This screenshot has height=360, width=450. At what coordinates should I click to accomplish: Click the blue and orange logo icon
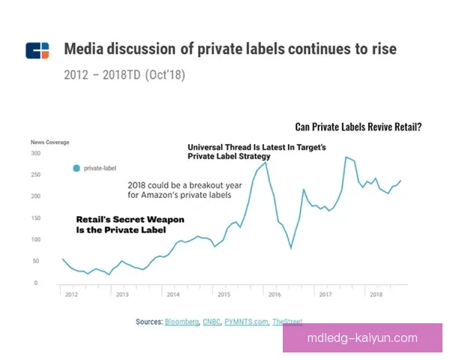tap(37, 50)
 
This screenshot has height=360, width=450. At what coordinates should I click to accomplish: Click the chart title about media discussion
tap(230, 49)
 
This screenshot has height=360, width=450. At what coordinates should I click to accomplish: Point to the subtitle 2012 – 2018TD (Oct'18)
tap(124, 75)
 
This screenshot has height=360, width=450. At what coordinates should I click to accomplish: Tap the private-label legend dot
tap(76, 169)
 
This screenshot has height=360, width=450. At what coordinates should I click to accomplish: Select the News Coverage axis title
tap(49, 142)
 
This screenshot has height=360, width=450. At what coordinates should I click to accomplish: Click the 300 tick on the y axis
tap(34, 153)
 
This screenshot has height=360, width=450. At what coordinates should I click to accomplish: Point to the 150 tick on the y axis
tap(34, 218)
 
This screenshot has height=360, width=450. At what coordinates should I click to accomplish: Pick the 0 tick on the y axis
tap(36, 283)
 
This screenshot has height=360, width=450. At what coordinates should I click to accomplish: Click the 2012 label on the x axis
tap(70, 295)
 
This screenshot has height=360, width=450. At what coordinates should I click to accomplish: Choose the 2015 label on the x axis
tap(223, 295)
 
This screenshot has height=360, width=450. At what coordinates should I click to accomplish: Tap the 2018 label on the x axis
tap(376, 295)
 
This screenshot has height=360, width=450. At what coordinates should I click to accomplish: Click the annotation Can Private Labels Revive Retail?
tap(358, 127)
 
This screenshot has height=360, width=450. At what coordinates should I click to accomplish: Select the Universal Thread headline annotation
tap(256, 152)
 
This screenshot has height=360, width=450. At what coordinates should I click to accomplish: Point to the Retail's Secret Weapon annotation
tap(130, 225)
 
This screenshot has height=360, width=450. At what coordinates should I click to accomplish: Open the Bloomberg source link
tap(181, 322)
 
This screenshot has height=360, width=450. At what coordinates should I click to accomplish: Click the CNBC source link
tap(211, 322)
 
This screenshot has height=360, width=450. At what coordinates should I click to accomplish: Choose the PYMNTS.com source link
tap(247, 322)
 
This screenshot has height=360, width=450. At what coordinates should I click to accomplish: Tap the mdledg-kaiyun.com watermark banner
tap(362, 338)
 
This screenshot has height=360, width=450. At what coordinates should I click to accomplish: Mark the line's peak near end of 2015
tap(265, 163)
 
